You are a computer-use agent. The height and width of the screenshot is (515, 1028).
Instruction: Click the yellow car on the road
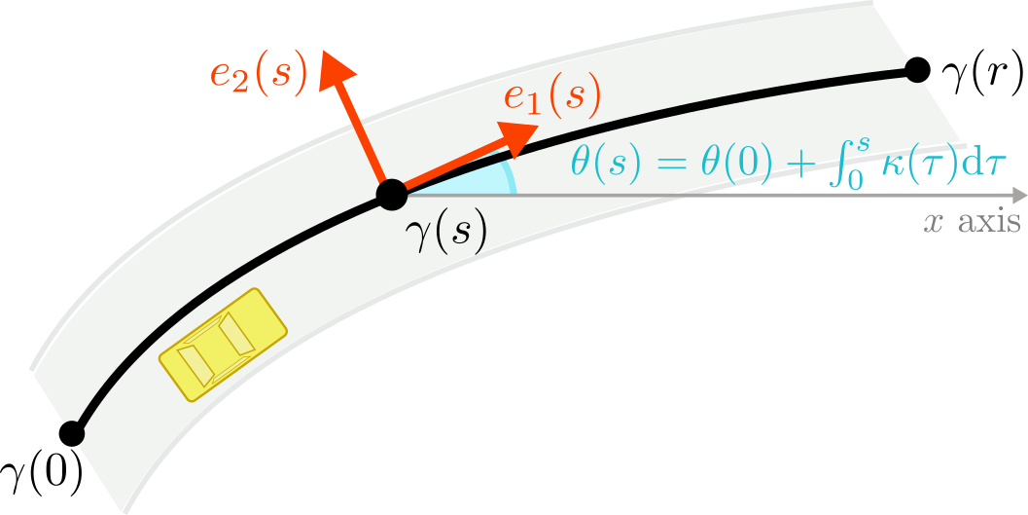223,343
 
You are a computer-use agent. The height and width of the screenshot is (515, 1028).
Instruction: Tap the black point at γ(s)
391,194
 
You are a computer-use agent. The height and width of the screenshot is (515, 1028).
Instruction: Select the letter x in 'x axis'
934,223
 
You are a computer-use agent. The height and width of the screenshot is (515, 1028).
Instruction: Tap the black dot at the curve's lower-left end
70,433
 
